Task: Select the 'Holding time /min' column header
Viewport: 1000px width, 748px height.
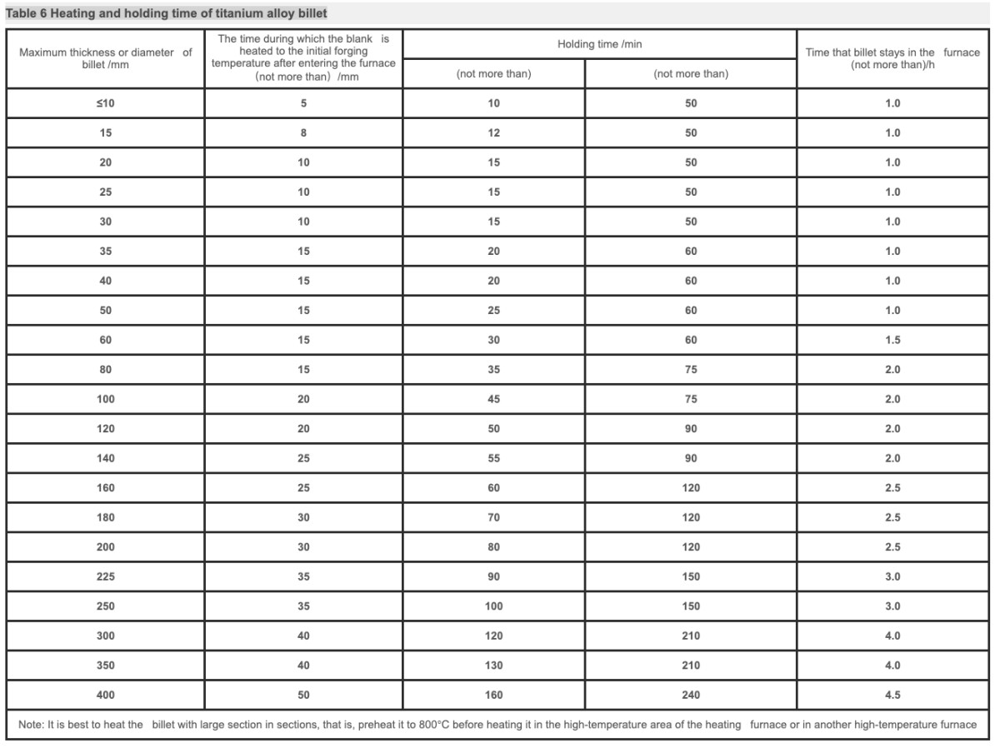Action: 599,44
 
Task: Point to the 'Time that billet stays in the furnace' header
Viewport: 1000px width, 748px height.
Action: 892,58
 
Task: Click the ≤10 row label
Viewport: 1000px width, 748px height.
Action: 106,103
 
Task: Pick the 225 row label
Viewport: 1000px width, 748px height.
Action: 106,576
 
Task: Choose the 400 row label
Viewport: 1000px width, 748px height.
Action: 106,695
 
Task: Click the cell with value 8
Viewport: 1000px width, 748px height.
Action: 303,133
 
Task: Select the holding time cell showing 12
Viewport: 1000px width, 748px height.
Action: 493,133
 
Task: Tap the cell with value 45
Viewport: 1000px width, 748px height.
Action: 493,399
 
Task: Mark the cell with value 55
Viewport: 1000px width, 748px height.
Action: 493,458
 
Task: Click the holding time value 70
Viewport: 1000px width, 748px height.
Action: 493,517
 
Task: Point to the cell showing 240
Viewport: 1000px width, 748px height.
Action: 691,695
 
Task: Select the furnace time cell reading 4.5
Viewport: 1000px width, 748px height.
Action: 892,695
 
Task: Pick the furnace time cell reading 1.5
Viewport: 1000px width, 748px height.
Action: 892,340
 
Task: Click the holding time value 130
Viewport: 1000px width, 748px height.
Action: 493,666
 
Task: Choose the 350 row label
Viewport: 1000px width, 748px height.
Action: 106,666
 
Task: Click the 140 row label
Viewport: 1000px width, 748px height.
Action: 106,458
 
